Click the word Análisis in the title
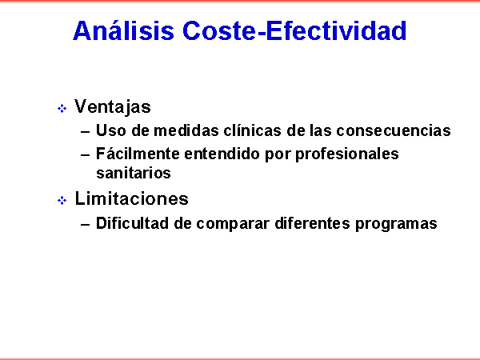124,30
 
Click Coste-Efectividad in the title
294,30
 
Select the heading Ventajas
113,107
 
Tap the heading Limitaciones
132,198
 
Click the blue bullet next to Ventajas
62,108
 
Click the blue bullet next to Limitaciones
62,201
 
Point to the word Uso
111,130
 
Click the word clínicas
252,130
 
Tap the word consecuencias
394,130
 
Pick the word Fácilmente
138,154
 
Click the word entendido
222,154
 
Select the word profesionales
347,154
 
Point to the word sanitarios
134,173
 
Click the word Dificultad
133,223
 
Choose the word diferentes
312,223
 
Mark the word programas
396,224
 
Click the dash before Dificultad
86,224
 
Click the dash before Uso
86,132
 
